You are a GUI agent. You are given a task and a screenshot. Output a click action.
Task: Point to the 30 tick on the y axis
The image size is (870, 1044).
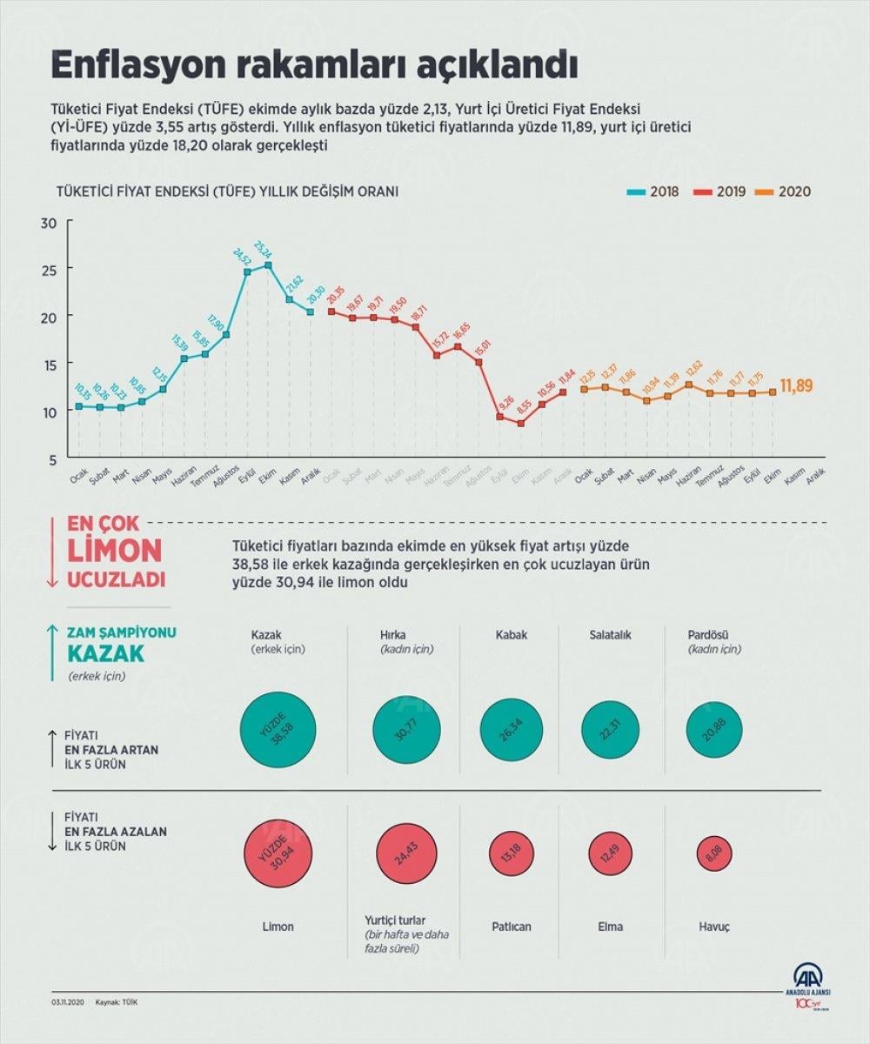pos(49,223)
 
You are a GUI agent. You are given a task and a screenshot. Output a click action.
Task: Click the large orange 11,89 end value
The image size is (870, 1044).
pos(796,385)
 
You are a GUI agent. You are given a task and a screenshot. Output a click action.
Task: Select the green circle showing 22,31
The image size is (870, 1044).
pos(611,729)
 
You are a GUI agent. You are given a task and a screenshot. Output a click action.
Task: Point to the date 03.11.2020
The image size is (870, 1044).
pos(69,1003)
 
